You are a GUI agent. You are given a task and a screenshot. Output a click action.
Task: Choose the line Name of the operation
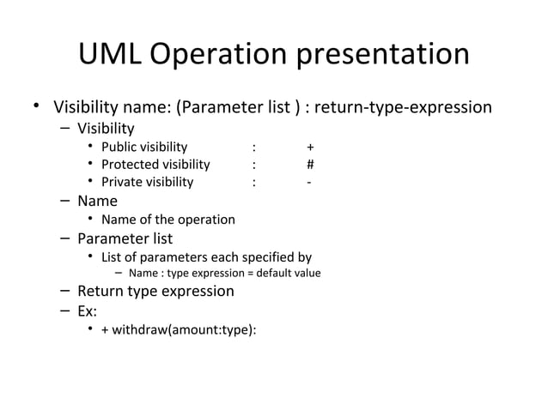click(167, 220)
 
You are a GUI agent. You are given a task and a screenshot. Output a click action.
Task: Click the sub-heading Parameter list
click(125, 238)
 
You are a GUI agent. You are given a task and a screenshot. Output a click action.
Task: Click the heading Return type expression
click(155, 291)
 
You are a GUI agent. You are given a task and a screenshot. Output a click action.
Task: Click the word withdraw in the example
click(142, 329)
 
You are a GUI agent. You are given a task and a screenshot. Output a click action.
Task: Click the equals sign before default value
click(247, 274)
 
